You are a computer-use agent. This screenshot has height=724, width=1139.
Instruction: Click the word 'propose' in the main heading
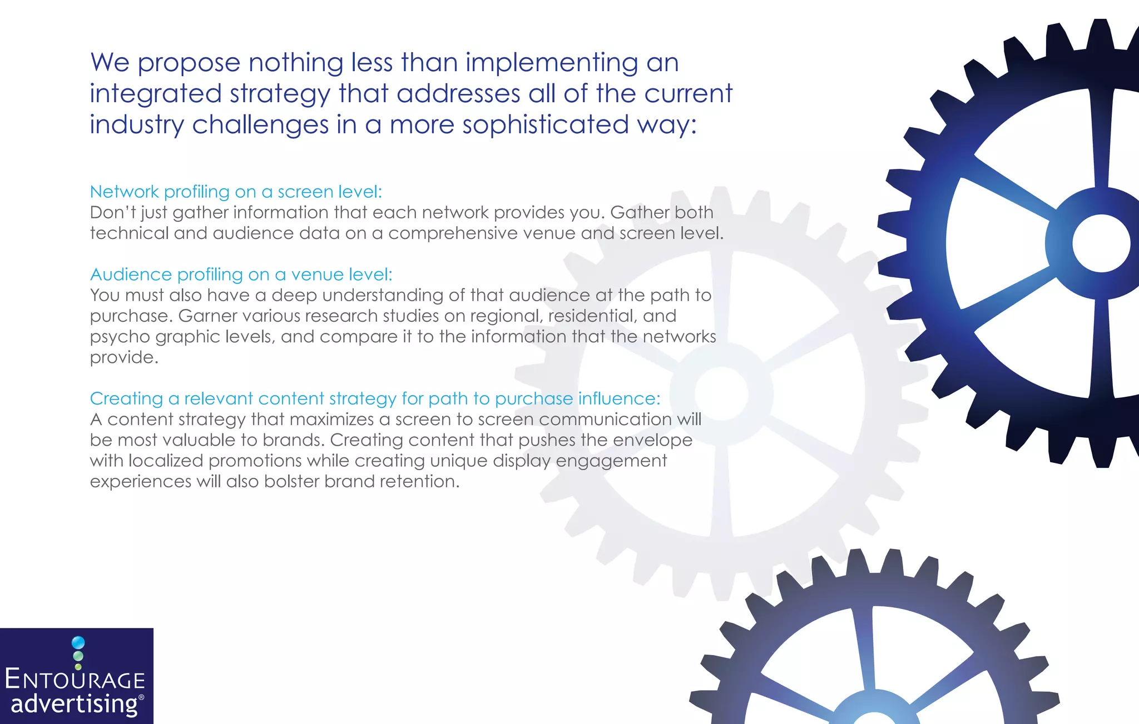click(x=189, y=63)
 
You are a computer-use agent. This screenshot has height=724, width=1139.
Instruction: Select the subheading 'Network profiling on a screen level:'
click(x=236, y=192)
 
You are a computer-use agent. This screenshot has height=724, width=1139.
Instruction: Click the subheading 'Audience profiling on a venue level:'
click(x=241, y=274)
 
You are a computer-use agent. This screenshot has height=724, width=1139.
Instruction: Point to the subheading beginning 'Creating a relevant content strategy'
click(x=375, y=398)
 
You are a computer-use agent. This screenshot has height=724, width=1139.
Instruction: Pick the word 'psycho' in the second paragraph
click(x=120, y=337)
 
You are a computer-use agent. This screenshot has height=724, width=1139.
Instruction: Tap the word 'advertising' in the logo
click(x=74, y=704)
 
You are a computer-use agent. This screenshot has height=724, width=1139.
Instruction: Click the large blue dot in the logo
click(x=78, y=643)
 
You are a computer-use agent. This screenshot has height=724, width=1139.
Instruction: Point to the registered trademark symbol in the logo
click(x=141, y=697)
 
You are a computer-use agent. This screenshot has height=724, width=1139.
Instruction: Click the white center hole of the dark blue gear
click(x=1101, y=243)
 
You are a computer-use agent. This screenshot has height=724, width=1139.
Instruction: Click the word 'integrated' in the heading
click(x=156, y=94)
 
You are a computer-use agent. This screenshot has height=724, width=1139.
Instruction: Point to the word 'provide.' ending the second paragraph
click(x=124, y=357)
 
